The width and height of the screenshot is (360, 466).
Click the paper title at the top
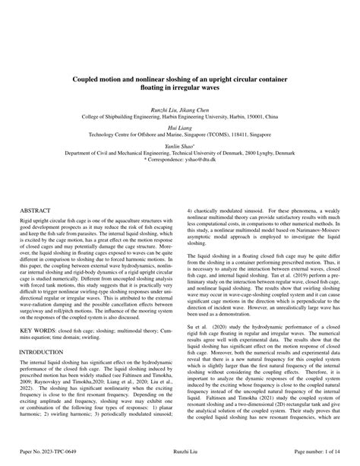179,83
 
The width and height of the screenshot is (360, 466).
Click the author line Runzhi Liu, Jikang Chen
179,109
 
